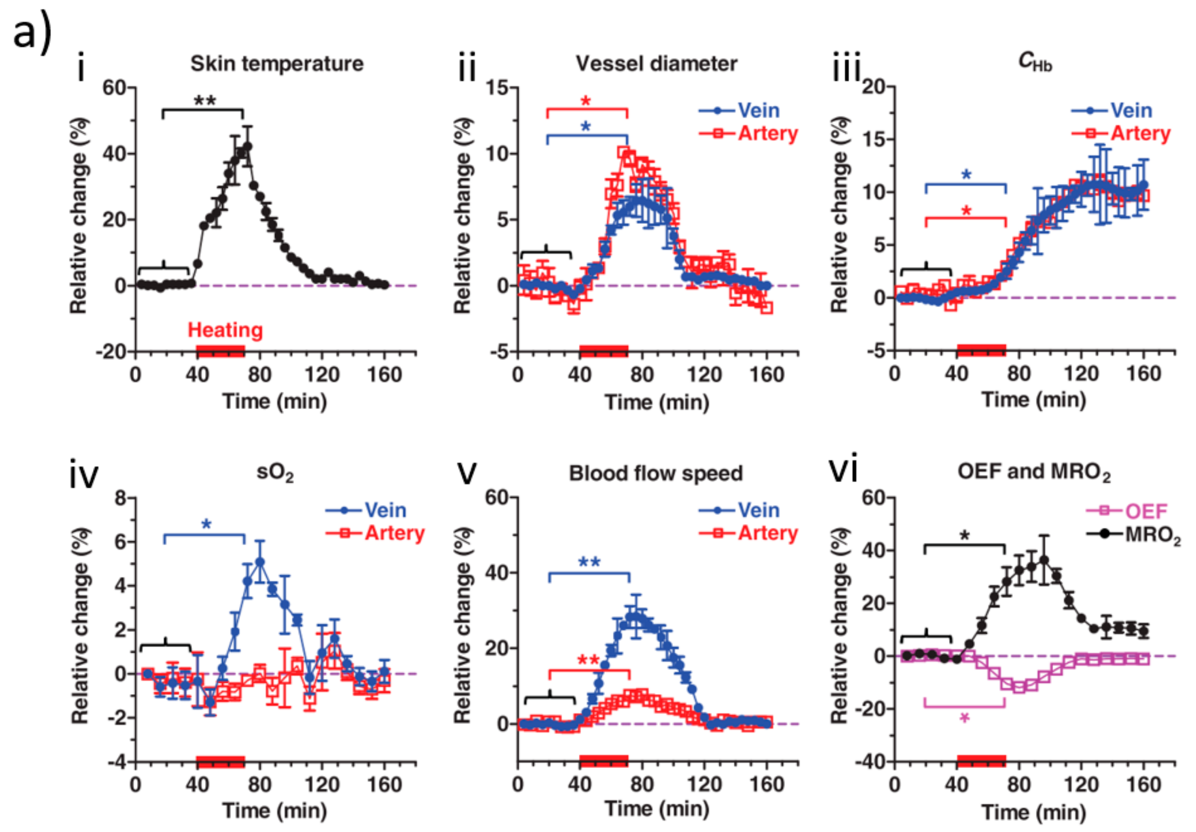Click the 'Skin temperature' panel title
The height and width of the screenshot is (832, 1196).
coord(277,64)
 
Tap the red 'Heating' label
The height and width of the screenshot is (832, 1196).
coord(225,330)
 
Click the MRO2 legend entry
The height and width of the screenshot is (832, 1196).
coord(1134,534)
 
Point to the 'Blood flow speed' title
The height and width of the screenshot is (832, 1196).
coord(656,473)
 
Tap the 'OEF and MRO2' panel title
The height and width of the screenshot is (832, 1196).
coord(1034,472)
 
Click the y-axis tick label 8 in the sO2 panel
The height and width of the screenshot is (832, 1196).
coord(121,498)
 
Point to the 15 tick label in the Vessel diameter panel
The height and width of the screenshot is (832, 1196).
coord(497,87)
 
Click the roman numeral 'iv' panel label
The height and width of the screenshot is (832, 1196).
coord(83,475)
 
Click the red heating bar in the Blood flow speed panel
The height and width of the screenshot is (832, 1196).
coord(604,761)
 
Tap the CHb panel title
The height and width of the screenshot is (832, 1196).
coord(1034,62)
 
